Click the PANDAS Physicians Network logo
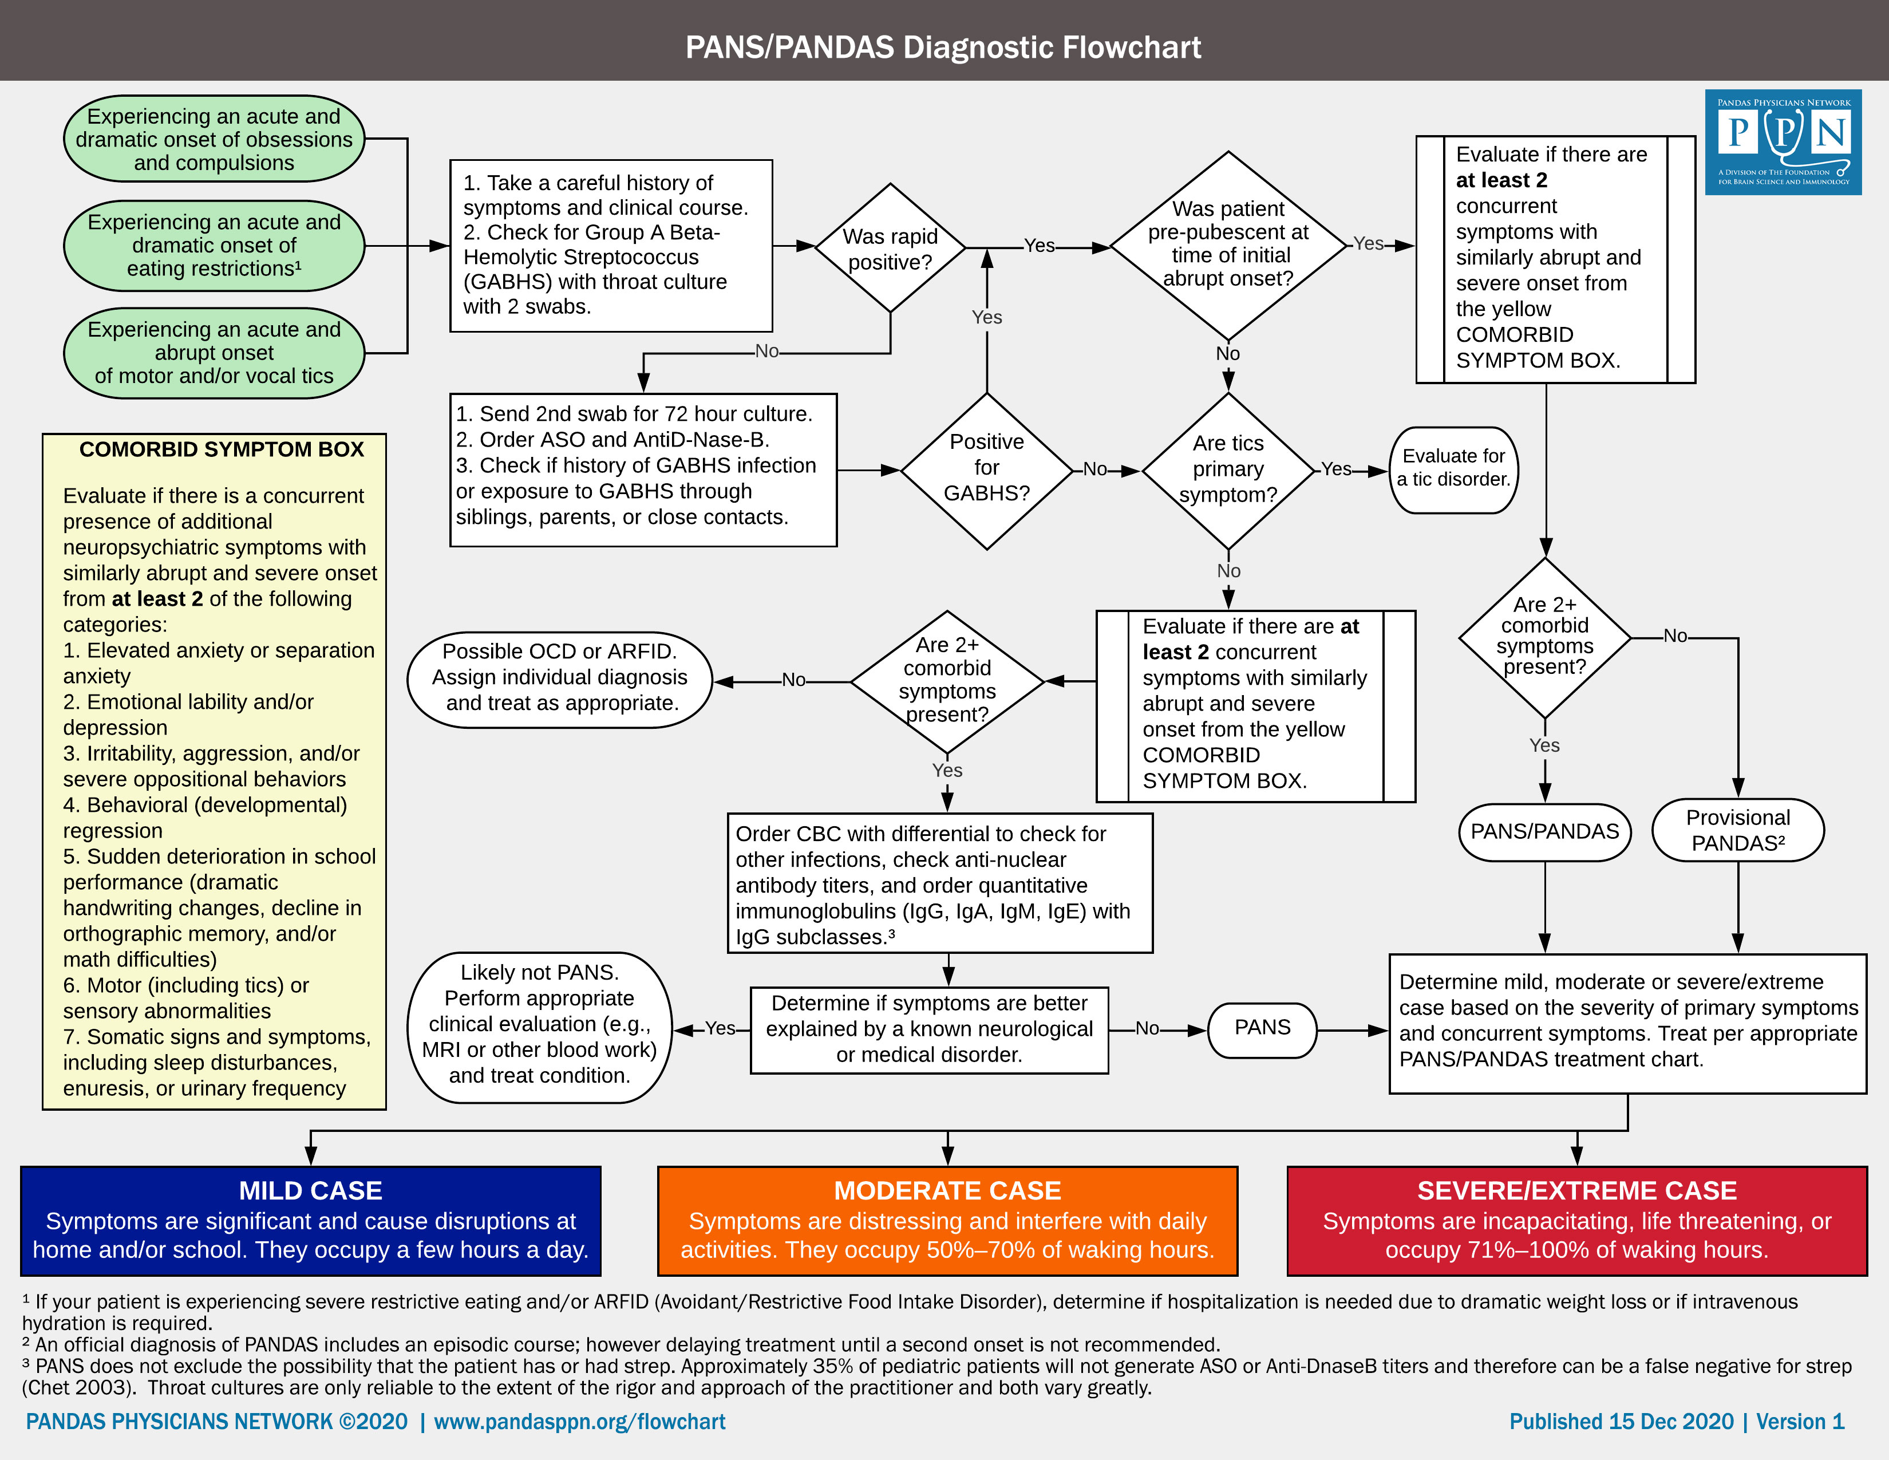tap(1783, 142)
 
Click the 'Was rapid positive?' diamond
tap(890, 248)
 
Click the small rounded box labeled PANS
tap(1262, 1028)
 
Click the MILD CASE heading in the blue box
tap(310, 1191)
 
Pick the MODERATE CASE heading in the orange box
tap(947, 1191)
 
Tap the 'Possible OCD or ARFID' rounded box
tap(560, 677)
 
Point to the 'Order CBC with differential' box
tap(939, 883)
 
